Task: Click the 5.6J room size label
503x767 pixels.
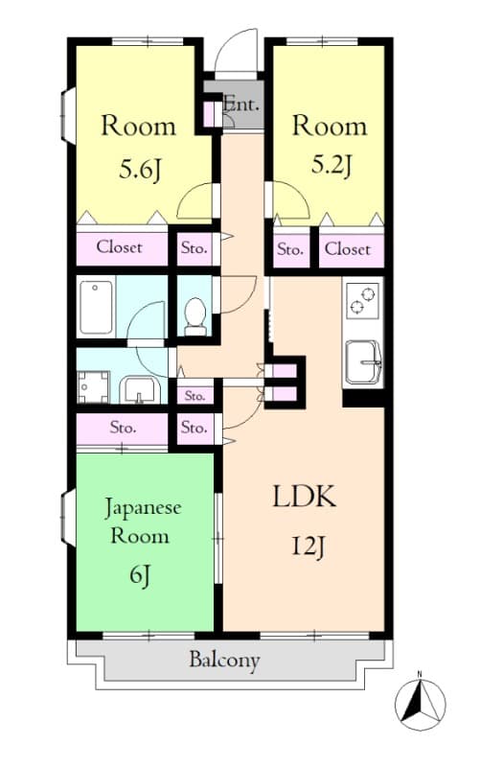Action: point(140,171)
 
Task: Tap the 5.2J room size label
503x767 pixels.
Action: point(331,165)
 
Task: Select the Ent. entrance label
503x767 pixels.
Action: point(241,104)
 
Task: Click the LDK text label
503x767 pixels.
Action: point(305,498)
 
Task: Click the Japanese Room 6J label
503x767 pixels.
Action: point(142,540)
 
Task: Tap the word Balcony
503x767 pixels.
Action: point(224,661)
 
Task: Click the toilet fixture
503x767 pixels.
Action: point(195,315)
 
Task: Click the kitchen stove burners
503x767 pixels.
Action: point(362,300)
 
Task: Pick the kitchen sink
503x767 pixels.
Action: point(363,361)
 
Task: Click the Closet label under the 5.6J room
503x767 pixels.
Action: point(120,247)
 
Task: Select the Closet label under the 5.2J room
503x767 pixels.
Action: point(347,249)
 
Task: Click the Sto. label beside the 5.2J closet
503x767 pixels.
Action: point(290,250)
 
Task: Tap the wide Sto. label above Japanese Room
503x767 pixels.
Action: point(122,428)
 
